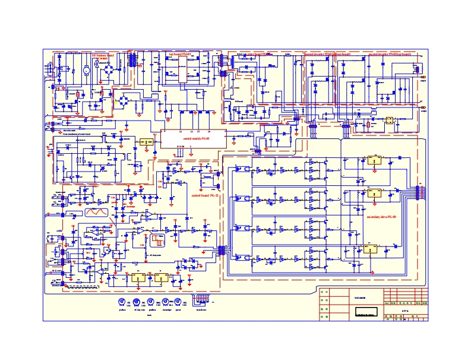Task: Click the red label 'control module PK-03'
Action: coord(197,138)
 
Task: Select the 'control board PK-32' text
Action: coord(204,194)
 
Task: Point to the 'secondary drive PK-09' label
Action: coord(381,218)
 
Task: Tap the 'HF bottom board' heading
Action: coord(102,55)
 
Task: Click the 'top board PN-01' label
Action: coord(179,54)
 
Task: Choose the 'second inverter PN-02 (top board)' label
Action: coord(389,54)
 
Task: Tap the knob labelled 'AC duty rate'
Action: coord(136,302)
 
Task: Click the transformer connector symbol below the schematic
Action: coord(201,300)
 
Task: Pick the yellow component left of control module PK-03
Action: coord(146,143)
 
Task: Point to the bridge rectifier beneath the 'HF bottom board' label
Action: coord(109,71)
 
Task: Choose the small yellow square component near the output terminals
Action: coord(388,121)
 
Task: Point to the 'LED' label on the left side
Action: coord(59,119)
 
